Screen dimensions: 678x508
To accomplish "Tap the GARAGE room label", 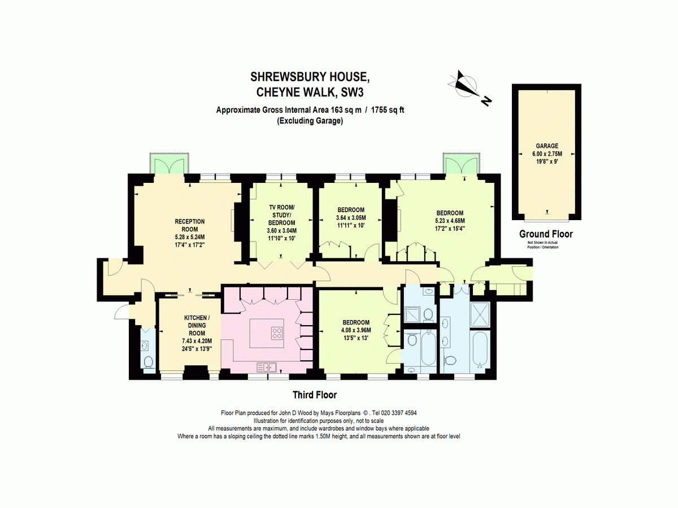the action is pos(547,146).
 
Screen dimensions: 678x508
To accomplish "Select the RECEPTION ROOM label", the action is pos(190,225).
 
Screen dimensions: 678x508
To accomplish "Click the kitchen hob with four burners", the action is pos(277,333).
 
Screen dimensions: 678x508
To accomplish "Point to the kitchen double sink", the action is pos(267,367).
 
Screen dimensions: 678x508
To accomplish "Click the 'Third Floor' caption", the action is pos(315,395).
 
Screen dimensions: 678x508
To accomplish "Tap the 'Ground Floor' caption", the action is pos(546,234).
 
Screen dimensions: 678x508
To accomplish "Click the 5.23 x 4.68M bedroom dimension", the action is pos(450,221).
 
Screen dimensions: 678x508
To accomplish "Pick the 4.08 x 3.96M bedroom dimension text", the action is pos(356,330).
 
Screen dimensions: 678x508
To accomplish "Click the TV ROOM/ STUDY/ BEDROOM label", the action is pos(281,215).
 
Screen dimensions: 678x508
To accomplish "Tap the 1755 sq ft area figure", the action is pos(388,110).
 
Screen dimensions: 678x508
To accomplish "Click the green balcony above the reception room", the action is pos(169,163).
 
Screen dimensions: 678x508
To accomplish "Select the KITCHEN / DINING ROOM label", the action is pos(197,326).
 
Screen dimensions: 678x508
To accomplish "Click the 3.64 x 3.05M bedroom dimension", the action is pos(351,218).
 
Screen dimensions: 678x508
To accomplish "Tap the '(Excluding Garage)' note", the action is pos(310,121).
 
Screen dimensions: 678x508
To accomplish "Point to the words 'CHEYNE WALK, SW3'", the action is pos(310,93).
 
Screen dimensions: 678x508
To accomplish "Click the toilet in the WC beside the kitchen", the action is pos(149,362).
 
